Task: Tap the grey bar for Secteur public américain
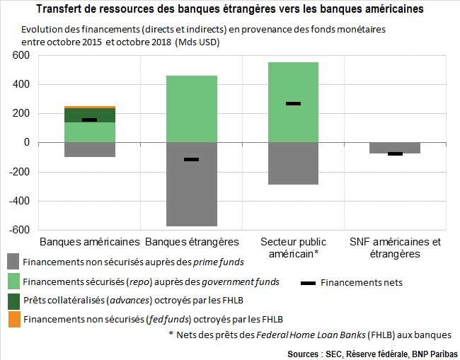[x=293, y=163]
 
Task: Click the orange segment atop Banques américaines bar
[x=89, y=107]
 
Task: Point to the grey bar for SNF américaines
[x=395, y=147]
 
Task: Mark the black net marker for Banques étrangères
[x=192, y=159]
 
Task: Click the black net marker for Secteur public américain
[x=293, y=103]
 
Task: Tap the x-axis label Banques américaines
[x=89, y=242]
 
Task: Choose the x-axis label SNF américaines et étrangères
[x=395, y=248]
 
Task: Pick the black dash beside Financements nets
[x=309, y=283]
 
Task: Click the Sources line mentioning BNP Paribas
[x=372, y=352]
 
